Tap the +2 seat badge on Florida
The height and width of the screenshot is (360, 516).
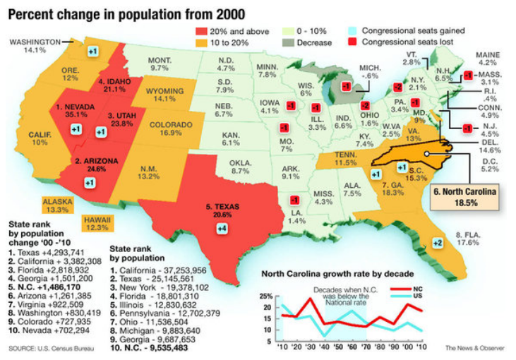click(x=438, y=243)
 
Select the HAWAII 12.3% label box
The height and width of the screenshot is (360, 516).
click(x=99, y=223)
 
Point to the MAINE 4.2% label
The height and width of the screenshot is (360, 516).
click(x=487, y=59)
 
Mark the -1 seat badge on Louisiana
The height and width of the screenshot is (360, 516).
click(x=293, y=200)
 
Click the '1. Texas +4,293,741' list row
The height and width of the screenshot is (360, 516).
click(x=46, y=252)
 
